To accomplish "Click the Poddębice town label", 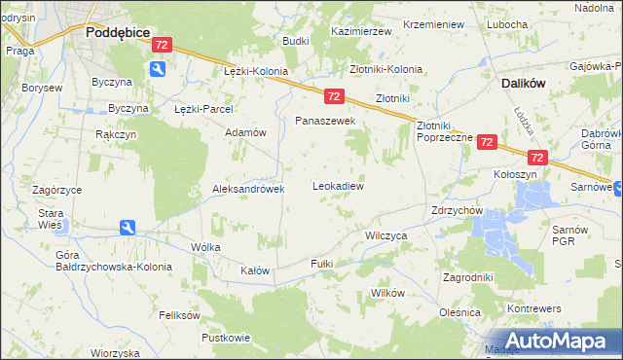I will [x=117, y=31].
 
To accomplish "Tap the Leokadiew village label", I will [x=337, y=185].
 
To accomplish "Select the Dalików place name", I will [x=528, y=84].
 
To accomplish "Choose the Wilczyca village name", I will [x=385, y=235].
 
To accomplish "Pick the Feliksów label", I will [x=179, y=315].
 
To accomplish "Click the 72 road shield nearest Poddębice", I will [x=163, y=45].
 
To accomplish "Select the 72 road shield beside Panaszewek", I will [x=334, y=95].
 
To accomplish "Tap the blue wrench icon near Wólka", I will [x=128, y=228].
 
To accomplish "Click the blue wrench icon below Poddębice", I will [x=158, y=69].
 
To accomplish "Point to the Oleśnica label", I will [x=460, y=312].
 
